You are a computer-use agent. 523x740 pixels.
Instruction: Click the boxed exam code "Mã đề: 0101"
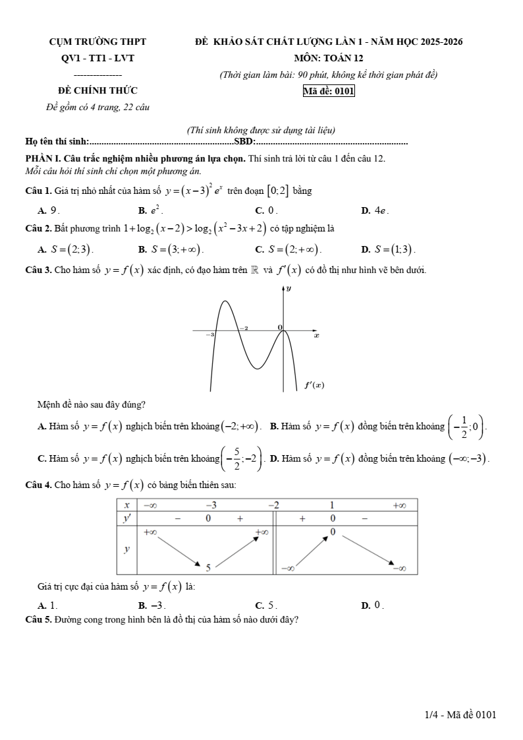point(329,92)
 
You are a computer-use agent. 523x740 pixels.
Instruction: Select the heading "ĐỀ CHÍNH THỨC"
point(97,91)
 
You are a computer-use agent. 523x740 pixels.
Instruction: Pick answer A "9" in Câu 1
point(50,211)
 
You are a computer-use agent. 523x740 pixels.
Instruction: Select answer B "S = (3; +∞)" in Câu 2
point(171,249)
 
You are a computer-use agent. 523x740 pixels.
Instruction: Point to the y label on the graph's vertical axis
point(289,289)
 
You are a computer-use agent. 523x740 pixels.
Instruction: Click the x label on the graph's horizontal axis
point(316,336)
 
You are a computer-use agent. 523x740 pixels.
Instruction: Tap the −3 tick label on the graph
point(210,335)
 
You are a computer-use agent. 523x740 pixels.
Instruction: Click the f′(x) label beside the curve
point(314,385)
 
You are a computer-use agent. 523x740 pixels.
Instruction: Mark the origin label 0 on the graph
point(279,327)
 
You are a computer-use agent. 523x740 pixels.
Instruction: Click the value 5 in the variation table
point(208,567)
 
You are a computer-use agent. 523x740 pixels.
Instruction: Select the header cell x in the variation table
point(126,505)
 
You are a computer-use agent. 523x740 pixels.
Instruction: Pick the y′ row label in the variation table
point(126,518)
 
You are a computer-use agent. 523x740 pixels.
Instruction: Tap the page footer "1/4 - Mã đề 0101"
point(460,714)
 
